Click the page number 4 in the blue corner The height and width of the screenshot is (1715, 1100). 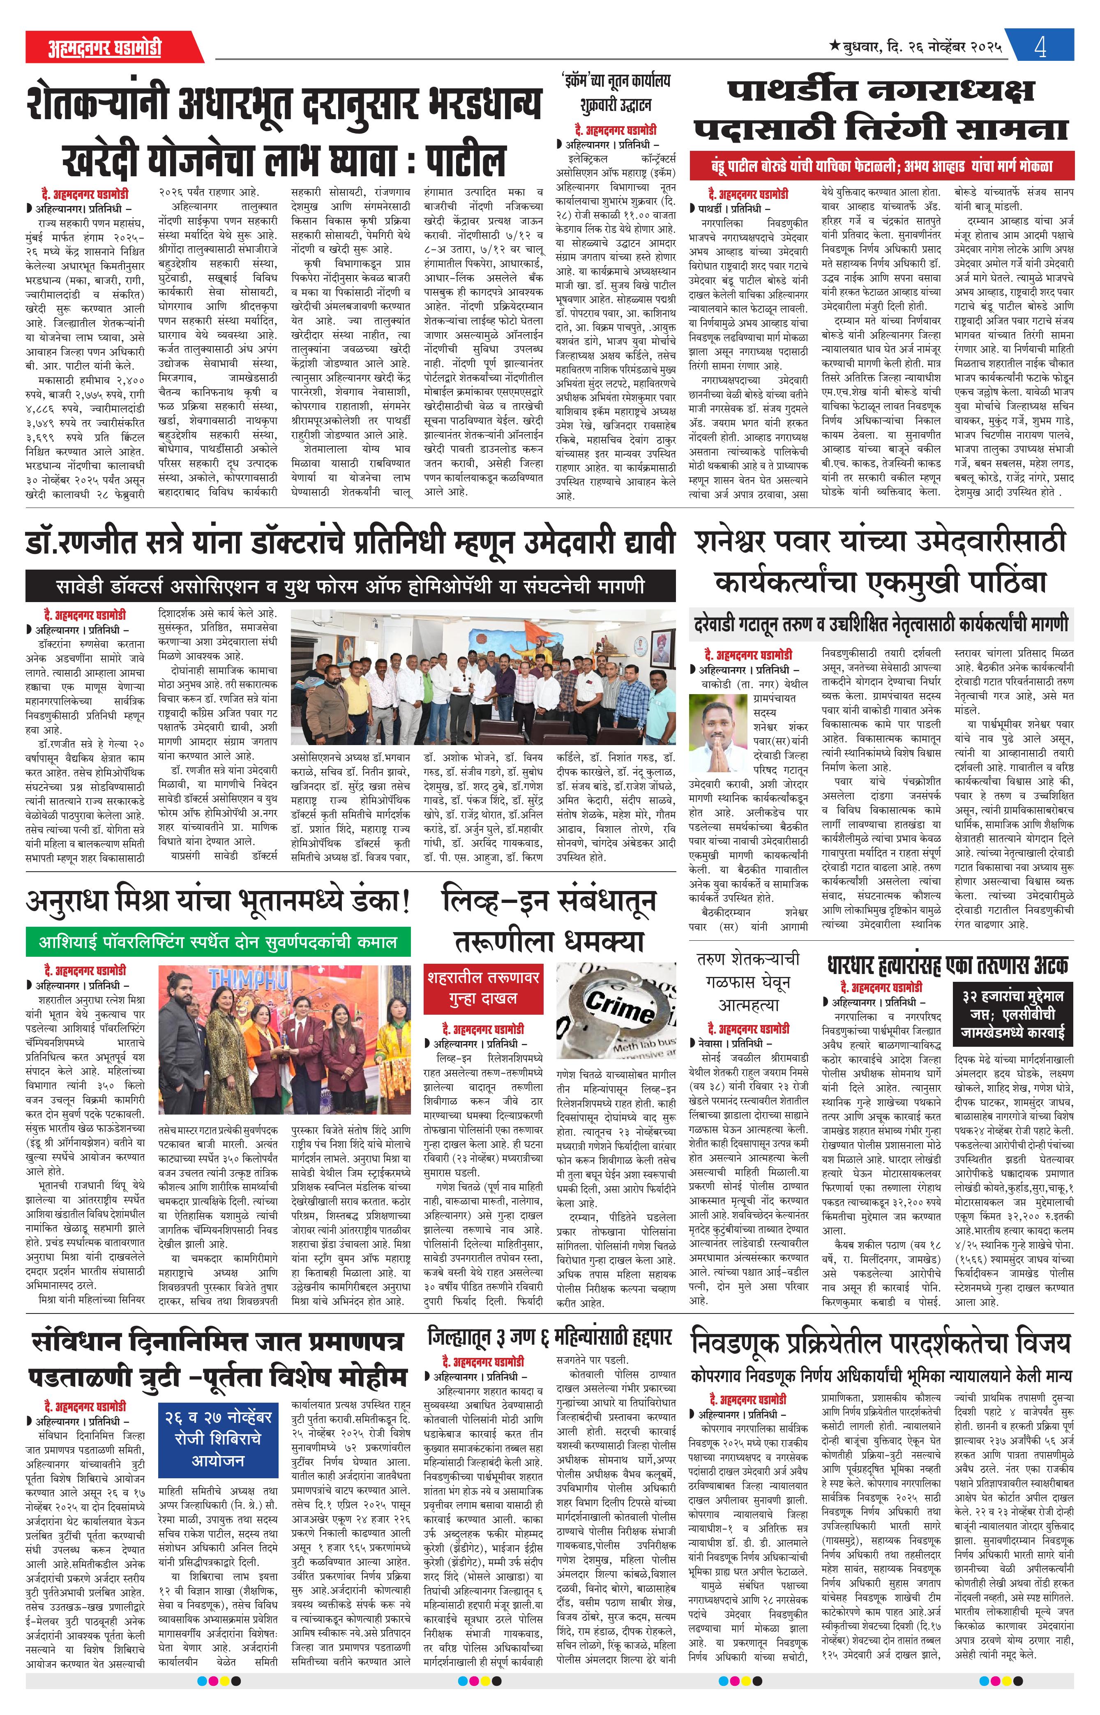click(1041, 48)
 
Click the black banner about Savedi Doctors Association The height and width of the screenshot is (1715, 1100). click(350, 586)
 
